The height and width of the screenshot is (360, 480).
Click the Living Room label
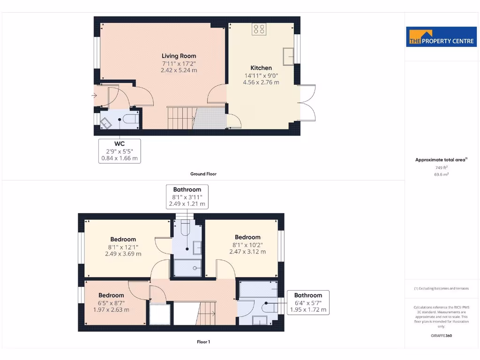click(x=179, y=56)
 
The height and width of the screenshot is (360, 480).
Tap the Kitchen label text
click(x=261, y=68)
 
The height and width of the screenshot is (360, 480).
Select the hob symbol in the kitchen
click(x=259, y=29)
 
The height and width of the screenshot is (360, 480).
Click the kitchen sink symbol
click(x=288, y=56)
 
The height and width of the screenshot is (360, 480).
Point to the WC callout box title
click(x=120, y=143)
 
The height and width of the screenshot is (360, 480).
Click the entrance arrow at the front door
click(x=95, y=96)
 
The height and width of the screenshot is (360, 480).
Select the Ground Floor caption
click(x=203, y=174)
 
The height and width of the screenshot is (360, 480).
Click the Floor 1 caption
click(x=203, y=342)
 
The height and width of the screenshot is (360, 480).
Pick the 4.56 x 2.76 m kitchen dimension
click(x=261, y=82)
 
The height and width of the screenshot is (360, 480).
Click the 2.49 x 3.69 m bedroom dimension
click(x=123, y=254)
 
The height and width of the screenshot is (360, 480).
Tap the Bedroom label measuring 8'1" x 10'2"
click(x=247, y=237)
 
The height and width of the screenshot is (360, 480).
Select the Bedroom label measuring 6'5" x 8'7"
click(x=111, y=295)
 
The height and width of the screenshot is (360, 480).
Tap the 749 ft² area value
click(x=441, y=167)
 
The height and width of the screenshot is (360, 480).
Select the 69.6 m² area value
click(x=441, y=174)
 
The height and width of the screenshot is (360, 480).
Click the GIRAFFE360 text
click(x=441, y=336)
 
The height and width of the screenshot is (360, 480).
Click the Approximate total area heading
click(x=440, y=160)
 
